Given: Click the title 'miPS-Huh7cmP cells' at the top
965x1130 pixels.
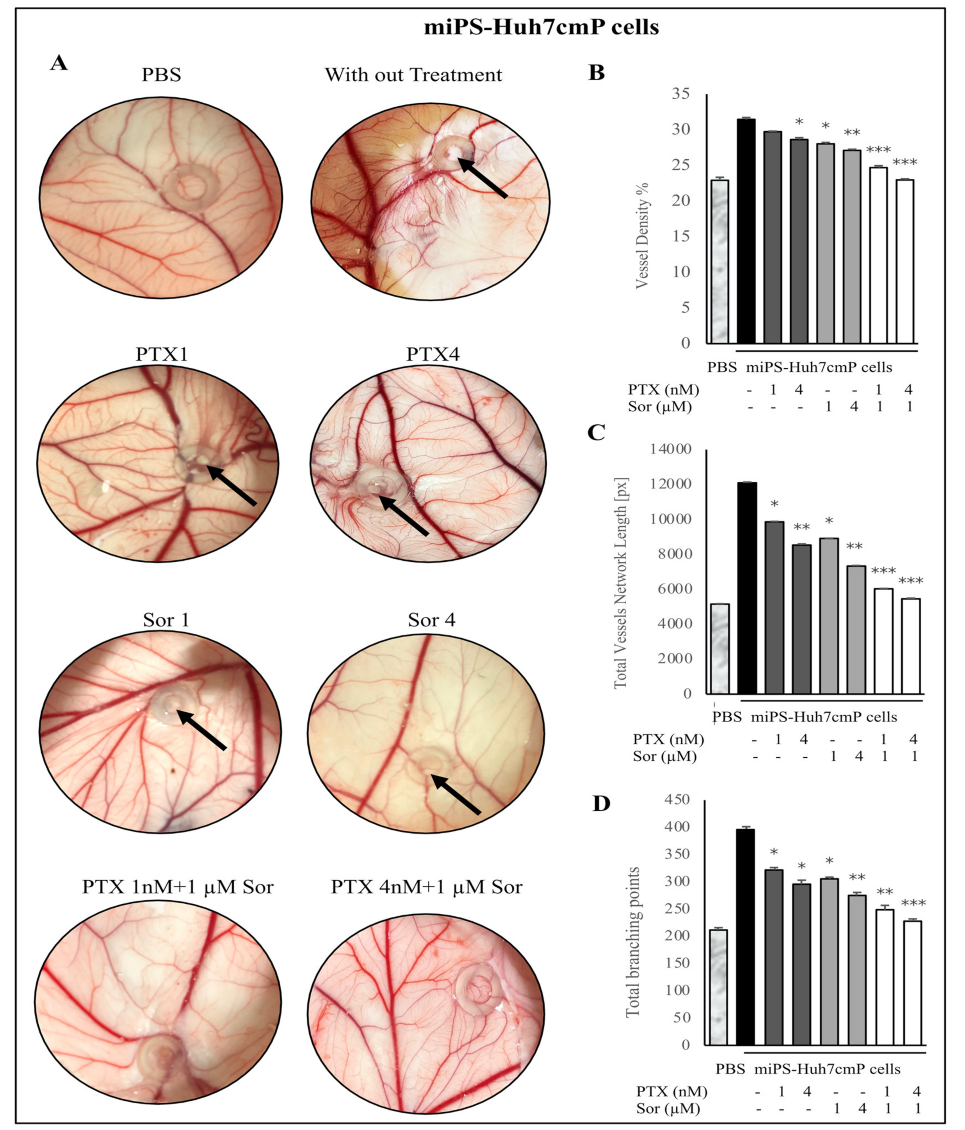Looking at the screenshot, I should pos(541,27).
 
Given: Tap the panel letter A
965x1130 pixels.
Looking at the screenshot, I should pos(59,63).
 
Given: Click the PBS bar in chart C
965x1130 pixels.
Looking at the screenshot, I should pos(720,649).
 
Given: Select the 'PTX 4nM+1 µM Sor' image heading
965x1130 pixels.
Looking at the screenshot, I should pos(426,887).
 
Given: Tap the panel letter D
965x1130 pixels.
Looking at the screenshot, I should pos(601,804).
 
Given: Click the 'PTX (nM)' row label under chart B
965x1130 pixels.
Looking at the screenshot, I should pos(662,390).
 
